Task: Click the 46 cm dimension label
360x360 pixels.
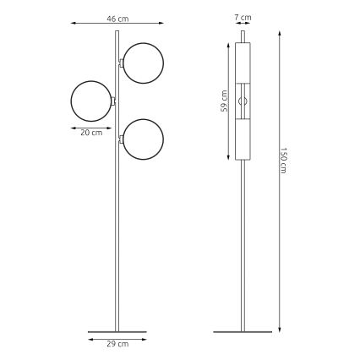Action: pyautogui.click(x=117, y=17)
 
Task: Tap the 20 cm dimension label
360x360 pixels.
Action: pyautogui.click(x=91, y=132)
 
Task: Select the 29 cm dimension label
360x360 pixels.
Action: pyautogui.click(x=117, y=344)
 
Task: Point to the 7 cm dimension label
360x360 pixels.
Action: pyautogui.click(x=243, y=17)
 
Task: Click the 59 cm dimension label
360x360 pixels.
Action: pyautogui.click(x=224, y=101)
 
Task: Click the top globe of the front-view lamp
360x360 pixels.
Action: pyautogui.click(x=143, y=63)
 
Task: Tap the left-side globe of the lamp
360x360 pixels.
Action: pyautogui.click(x=91, y=101)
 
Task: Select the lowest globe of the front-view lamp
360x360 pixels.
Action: pyautogui.click(x=143, y=139)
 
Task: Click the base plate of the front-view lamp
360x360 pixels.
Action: pyautogui.click(x=117, y=330)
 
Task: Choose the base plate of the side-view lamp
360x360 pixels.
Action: pyautogui.click(x=243, y=330)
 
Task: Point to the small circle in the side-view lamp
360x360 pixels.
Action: pyautogui.click(x=244, y=101)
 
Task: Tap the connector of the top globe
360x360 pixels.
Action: pyautogui.click(x=123, y=63)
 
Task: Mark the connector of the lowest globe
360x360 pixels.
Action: pyautogui.click(x=123, y=139)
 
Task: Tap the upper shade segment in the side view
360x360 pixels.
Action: pyautogui.click(x=244, y=62)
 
